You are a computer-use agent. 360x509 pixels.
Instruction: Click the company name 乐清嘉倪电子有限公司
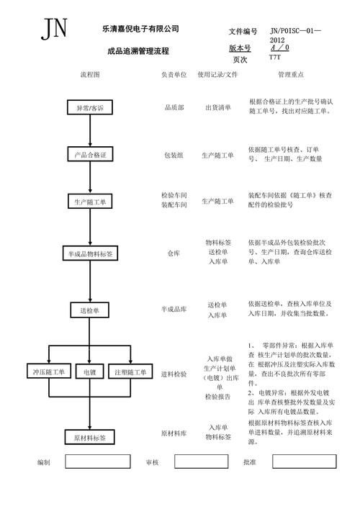coord(140,29)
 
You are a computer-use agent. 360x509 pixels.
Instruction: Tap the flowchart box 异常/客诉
coord(90,107)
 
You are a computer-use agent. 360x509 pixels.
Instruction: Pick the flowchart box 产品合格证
coord(90,155)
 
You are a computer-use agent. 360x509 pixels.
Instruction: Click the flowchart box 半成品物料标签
coord(90,253)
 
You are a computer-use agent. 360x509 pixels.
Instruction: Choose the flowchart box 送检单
coord(90,310)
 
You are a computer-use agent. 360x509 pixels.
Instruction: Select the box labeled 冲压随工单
coord(48,372)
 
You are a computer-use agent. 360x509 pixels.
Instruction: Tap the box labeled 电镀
coord(90,372)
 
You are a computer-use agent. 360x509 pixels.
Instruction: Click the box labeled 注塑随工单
coord(131,372)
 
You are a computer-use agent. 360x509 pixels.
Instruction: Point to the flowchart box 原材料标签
coord(90,437)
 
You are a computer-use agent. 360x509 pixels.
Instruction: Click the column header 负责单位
coord(174,74)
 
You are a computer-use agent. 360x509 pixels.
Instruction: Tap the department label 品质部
coord(174,107)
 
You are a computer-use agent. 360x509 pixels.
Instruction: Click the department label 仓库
coord(174,253)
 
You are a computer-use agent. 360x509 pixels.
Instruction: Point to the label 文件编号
coord(243,32)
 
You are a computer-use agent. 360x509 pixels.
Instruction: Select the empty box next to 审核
coord(201,461)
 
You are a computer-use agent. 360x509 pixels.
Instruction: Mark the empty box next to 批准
coord(308,461)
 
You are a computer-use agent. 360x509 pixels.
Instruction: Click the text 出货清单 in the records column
coord(217,107)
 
